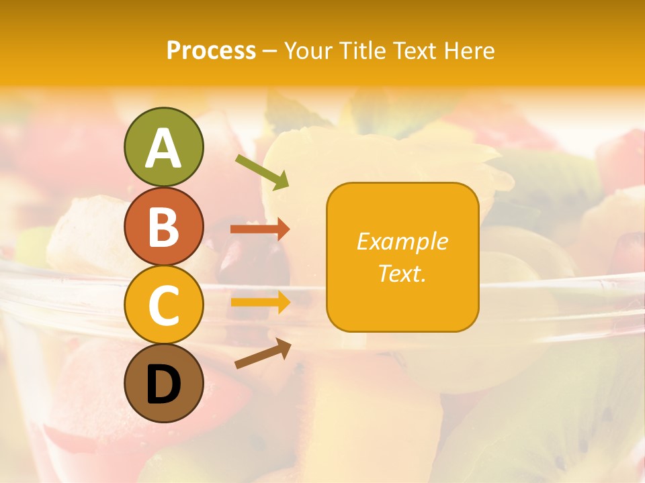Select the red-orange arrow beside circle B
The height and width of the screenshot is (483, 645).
pyautogui.click(x=260, y=229)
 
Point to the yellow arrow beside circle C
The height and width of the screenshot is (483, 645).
pyautogui.click(x=260, y=302)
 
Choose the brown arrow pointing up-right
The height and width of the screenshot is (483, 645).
pyautogui.click(x=263, y=354)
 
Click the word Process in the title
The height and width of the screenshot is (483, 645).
pyautogui.click(x=211, y=50)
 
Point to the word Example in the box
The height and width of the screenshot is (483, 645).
pyautogui.click(x=402, y=241)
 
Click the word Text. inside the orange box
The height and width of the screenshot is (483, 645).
pyautogui.click(x=402, y=273)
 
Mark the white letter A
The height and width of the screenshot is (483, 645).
pyautogui.click(x=163, y=149)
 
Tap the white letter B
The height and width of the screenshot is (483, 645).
pyautogui.click(x=163, y=227)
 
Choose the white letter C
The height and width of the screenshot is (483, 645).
pyautogui.click(x=163, y=306)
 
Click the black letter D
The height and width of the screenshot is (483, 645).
pyautogui.click(x=163, y=384)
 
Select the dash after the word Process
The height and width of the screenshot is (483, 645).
pyautogui.click(x=270, y=52)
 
